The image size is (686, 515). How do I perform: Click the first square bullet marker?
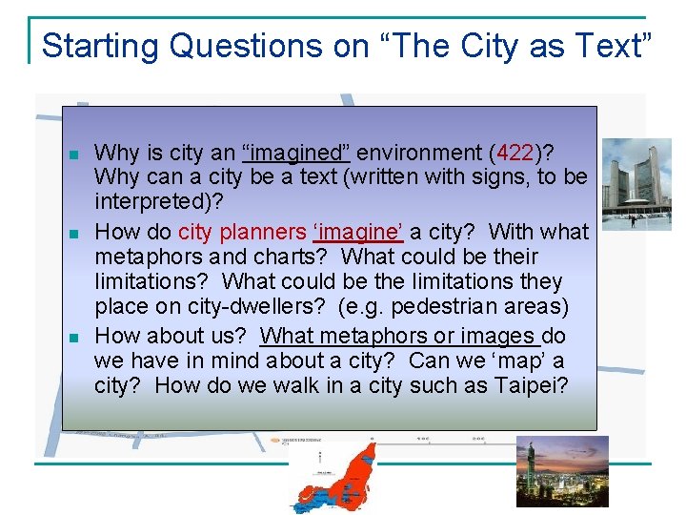coord(73,154)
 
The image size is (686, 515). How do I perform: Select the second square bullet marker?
coord(73,233)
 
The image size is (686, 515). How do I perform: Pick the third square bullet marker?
coord(73,336)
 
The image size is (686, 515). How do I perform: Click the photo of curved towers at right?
coord(636,183)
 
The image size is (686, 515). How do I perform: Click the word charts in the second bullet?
coord(296,257)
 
